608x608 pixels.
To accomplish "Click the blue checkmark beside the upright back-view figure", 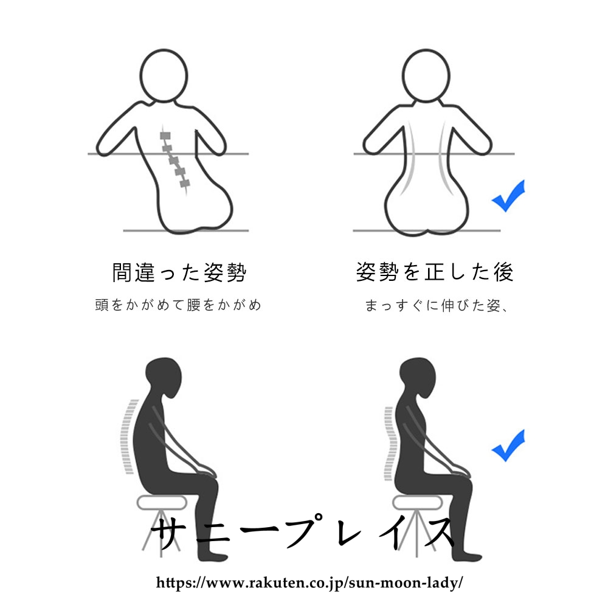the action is (508, 196).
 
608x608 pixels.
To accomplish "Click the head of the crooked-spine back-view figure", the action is (164, 76).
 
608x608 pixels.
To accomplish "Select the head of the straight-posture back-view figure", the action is (426, 76).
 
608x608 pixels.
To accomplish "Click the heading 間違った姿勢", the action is (179, 272).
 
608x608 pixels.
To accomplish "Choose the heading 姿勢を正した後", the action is (435, 271).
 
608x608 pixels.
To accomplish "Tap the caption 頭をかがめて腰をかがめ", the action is (178, 305).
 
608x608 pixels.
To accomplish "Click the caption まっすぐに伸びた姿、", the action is (436, 306).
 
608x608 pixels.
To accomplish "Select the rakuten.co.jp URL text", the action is (309, 582).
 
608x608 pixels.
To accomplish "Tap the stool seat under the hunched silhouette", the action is (162, 503).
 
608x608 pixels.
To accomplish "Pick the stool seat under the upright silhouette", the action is (417, 503).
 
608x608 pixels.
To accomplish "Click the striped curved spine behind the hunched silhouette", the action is (128, 436).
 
